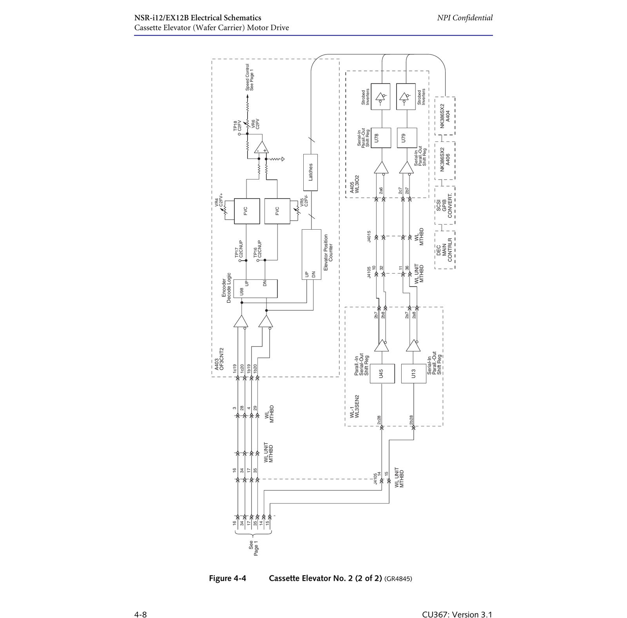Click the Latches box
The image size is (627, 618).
coord(310,172)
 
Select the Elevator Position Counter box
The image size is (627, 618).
coord(312,254)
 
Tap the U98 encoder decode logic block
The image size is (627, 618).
coord(256,289)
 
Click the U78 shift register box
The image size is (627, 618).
coord(381,138)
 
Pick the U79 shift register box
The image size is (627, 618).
coord(407,138)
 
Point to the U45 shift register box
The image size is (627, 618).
coord(382,373)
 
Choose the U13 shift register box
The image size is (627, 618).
coord(413,373)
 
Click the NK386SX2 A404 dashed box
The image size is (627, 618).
coord(445,116)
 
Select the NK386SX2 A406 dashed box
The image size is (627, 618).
coord(445,161)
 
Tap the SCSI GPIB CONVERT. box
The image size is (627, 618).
coord(445,205)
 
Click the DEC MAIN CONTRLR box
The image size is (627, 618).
coord(445,250)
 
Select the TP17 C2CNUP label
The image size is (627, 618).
coord(239,249)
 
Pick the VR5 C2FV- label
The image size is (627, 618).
coord(304,201)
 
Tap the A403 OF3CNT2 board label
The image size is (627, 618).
coord(219,359)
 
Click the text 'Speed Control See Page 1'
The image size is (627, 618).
coord(249,78)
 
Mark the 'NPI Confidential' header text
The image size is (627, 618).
coord(465,18)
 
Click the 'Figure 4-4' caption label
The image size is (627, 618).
coord(227,578)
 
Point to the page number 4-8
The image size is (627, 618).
coord(140,614)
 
